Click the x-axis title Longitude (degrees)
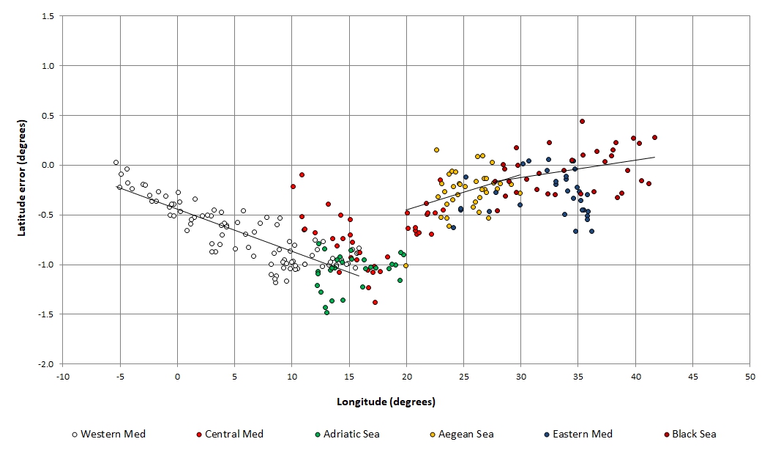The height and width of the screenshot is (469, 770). click(x=386, y=402)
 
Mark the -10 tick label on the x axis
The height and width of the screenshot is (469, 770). click(x=63, y=376)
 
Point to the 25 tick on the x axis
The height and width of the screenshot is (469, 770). click(x=463, y=376)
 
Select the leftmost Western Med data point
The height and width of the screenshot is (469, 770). click(x=116, y=162)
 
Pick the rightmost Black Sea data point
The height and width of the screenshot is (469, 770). click(x=654, y=137)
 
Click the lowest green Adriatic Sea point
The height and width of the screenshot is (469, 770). click(x=326, y=312)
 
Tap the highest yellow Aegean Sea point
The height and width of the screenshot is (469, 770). click(x=436, y=149)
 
